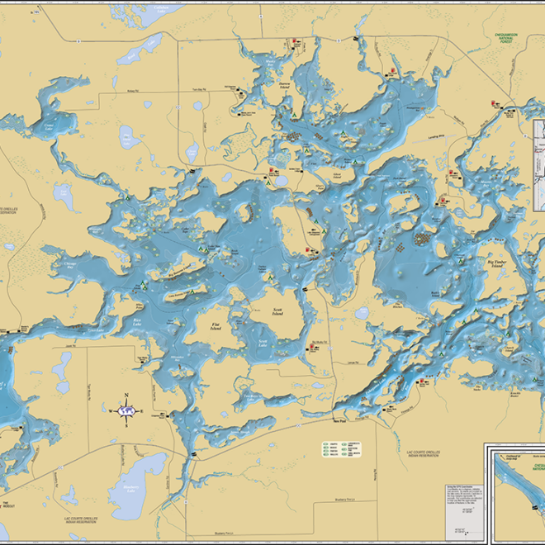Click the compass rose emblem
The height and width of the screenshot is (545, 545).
click(126, 410)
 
